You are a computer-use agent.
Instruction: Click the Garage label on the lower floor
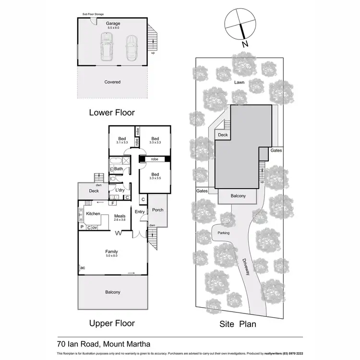coord(113,23)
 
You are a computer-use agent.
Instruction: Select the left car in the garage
coord(106,47)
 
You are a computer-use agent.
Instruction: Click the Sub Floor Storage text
coord(93,15)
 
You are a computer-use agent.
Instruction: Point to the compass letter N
coord(245,44)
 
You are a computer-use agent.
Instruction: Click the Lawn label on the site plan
coord(240,83)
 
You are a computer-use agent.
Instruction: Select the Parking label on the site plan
coord(223,233)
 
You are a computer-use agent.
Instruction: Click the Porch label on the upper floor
coord(157,210)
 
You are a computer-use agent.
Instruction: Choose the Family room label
coord(112,252)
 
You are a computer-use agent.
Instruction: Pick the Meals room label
coord(120,216)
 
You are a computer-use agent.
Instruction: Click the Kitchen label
coord(93,213)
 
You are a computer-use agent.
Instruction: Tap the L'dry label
coord(120,190)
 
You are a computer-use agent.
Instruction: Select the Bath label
coord(118,168)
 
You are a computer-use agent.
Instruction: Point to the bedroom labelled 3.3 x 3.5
coord(155,176)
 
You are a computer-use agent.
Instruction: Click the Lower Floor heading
coord(112,113)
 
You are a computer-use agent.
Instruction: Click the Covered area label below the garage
coord(113,82)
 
